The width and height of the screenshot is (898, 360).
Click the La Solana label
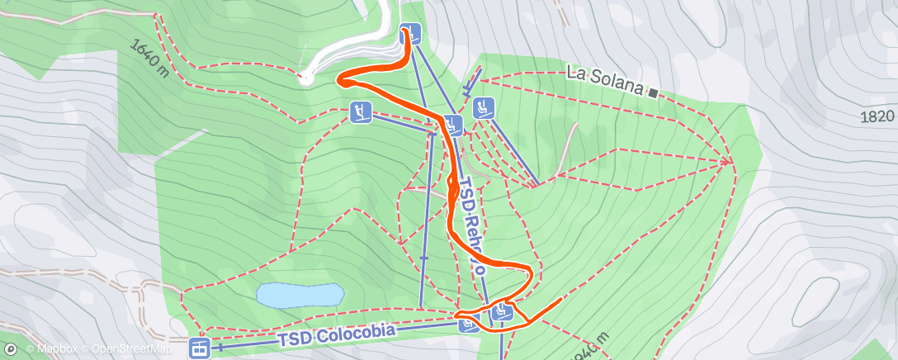point(604,73)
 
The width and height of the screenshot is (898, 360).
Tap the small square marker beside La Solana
point(653,92)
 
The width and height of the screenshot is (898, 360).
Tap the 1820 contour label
point(877,116)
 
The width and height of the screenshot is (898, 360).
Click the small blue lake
point(299,295)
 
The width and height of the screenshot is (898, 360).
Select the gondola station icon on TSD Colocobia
point(200,348)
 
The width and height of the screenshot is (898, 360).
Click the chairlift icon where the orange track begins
point(411,35)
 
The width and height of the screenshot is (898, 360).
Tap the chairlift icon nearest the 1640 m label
point(360,111)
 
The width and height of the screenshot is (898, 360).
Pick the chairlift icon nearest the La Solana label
point(484,107)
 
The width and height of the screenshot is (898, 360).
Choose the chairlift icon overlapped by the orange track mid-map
point(453,126)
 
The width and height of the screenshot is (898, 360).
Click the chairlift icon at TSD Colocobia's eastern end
point(469,323)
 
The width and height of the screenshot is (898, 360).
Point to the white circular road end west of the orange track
point(305,79)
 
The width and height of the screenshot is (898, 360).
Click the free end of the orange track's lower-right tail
point(561,297)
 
